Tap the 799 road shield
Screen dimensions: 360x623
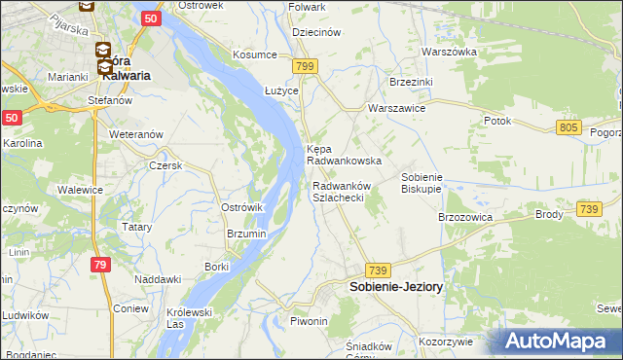point(306,66)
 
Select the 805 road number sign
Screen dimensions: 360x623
point(570,127)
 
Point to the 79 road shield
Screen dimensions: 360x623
point(100,264)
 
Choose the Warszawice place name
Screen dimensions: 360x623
point(396,108)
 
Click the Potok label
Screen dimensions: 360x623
point(497,121)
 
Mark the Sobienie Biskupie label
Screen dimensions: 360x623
point(422,183)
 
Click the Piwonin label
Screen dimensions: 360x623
point(311,320)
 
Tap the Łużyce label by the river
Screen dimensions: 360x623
point(255,89)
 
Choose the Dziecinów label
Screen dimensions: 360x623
point(315,32)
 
